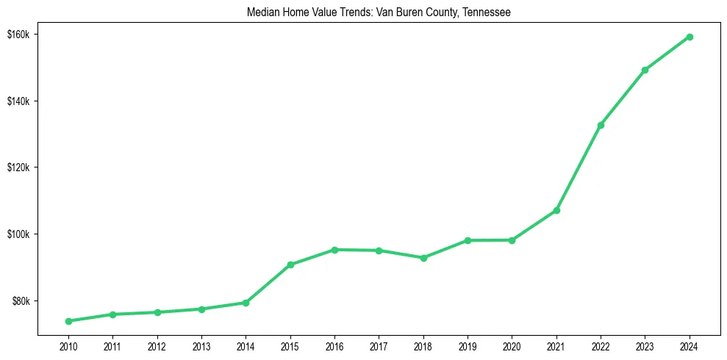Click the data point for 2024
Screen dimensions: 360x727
click(x=689, y=37)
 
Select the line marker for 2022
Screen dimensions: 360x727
click(x=601, y=125)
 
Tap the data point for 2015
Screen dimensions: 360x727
click(x=290, y=264)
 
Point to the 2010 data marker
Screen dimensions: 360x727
click(x=68, y=321)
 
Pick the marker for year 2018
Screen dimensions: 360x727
click(x=423, y=258)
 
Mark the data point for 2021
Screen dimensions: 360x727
click(x=556, y=210)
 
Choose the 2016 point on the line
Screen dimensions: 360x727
click(x=334, y=250)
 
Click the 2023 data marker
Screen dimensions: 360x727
click(x=645, y=70)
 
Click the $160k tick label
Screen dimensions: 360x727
click(x=18, y=35)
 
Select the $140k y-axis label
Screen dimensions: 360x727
click(x=18, y=101)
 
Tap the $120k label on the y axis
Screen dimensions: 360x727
click(x=18, y=168)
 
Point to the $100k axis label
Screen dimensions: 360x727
click(x=18, y=234)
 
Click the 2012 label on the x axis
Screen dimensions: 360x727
click(x=157, y=345)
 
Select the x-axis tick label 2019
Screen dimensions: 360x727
click(x=468, y=345)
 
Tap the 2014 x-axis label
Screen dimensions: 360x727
click(x=246, y=345)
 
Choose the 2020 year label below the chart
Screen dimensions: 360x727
click(x=512, y=345)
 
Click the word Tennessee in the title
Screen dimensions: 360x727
click(x=487, y=12)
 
